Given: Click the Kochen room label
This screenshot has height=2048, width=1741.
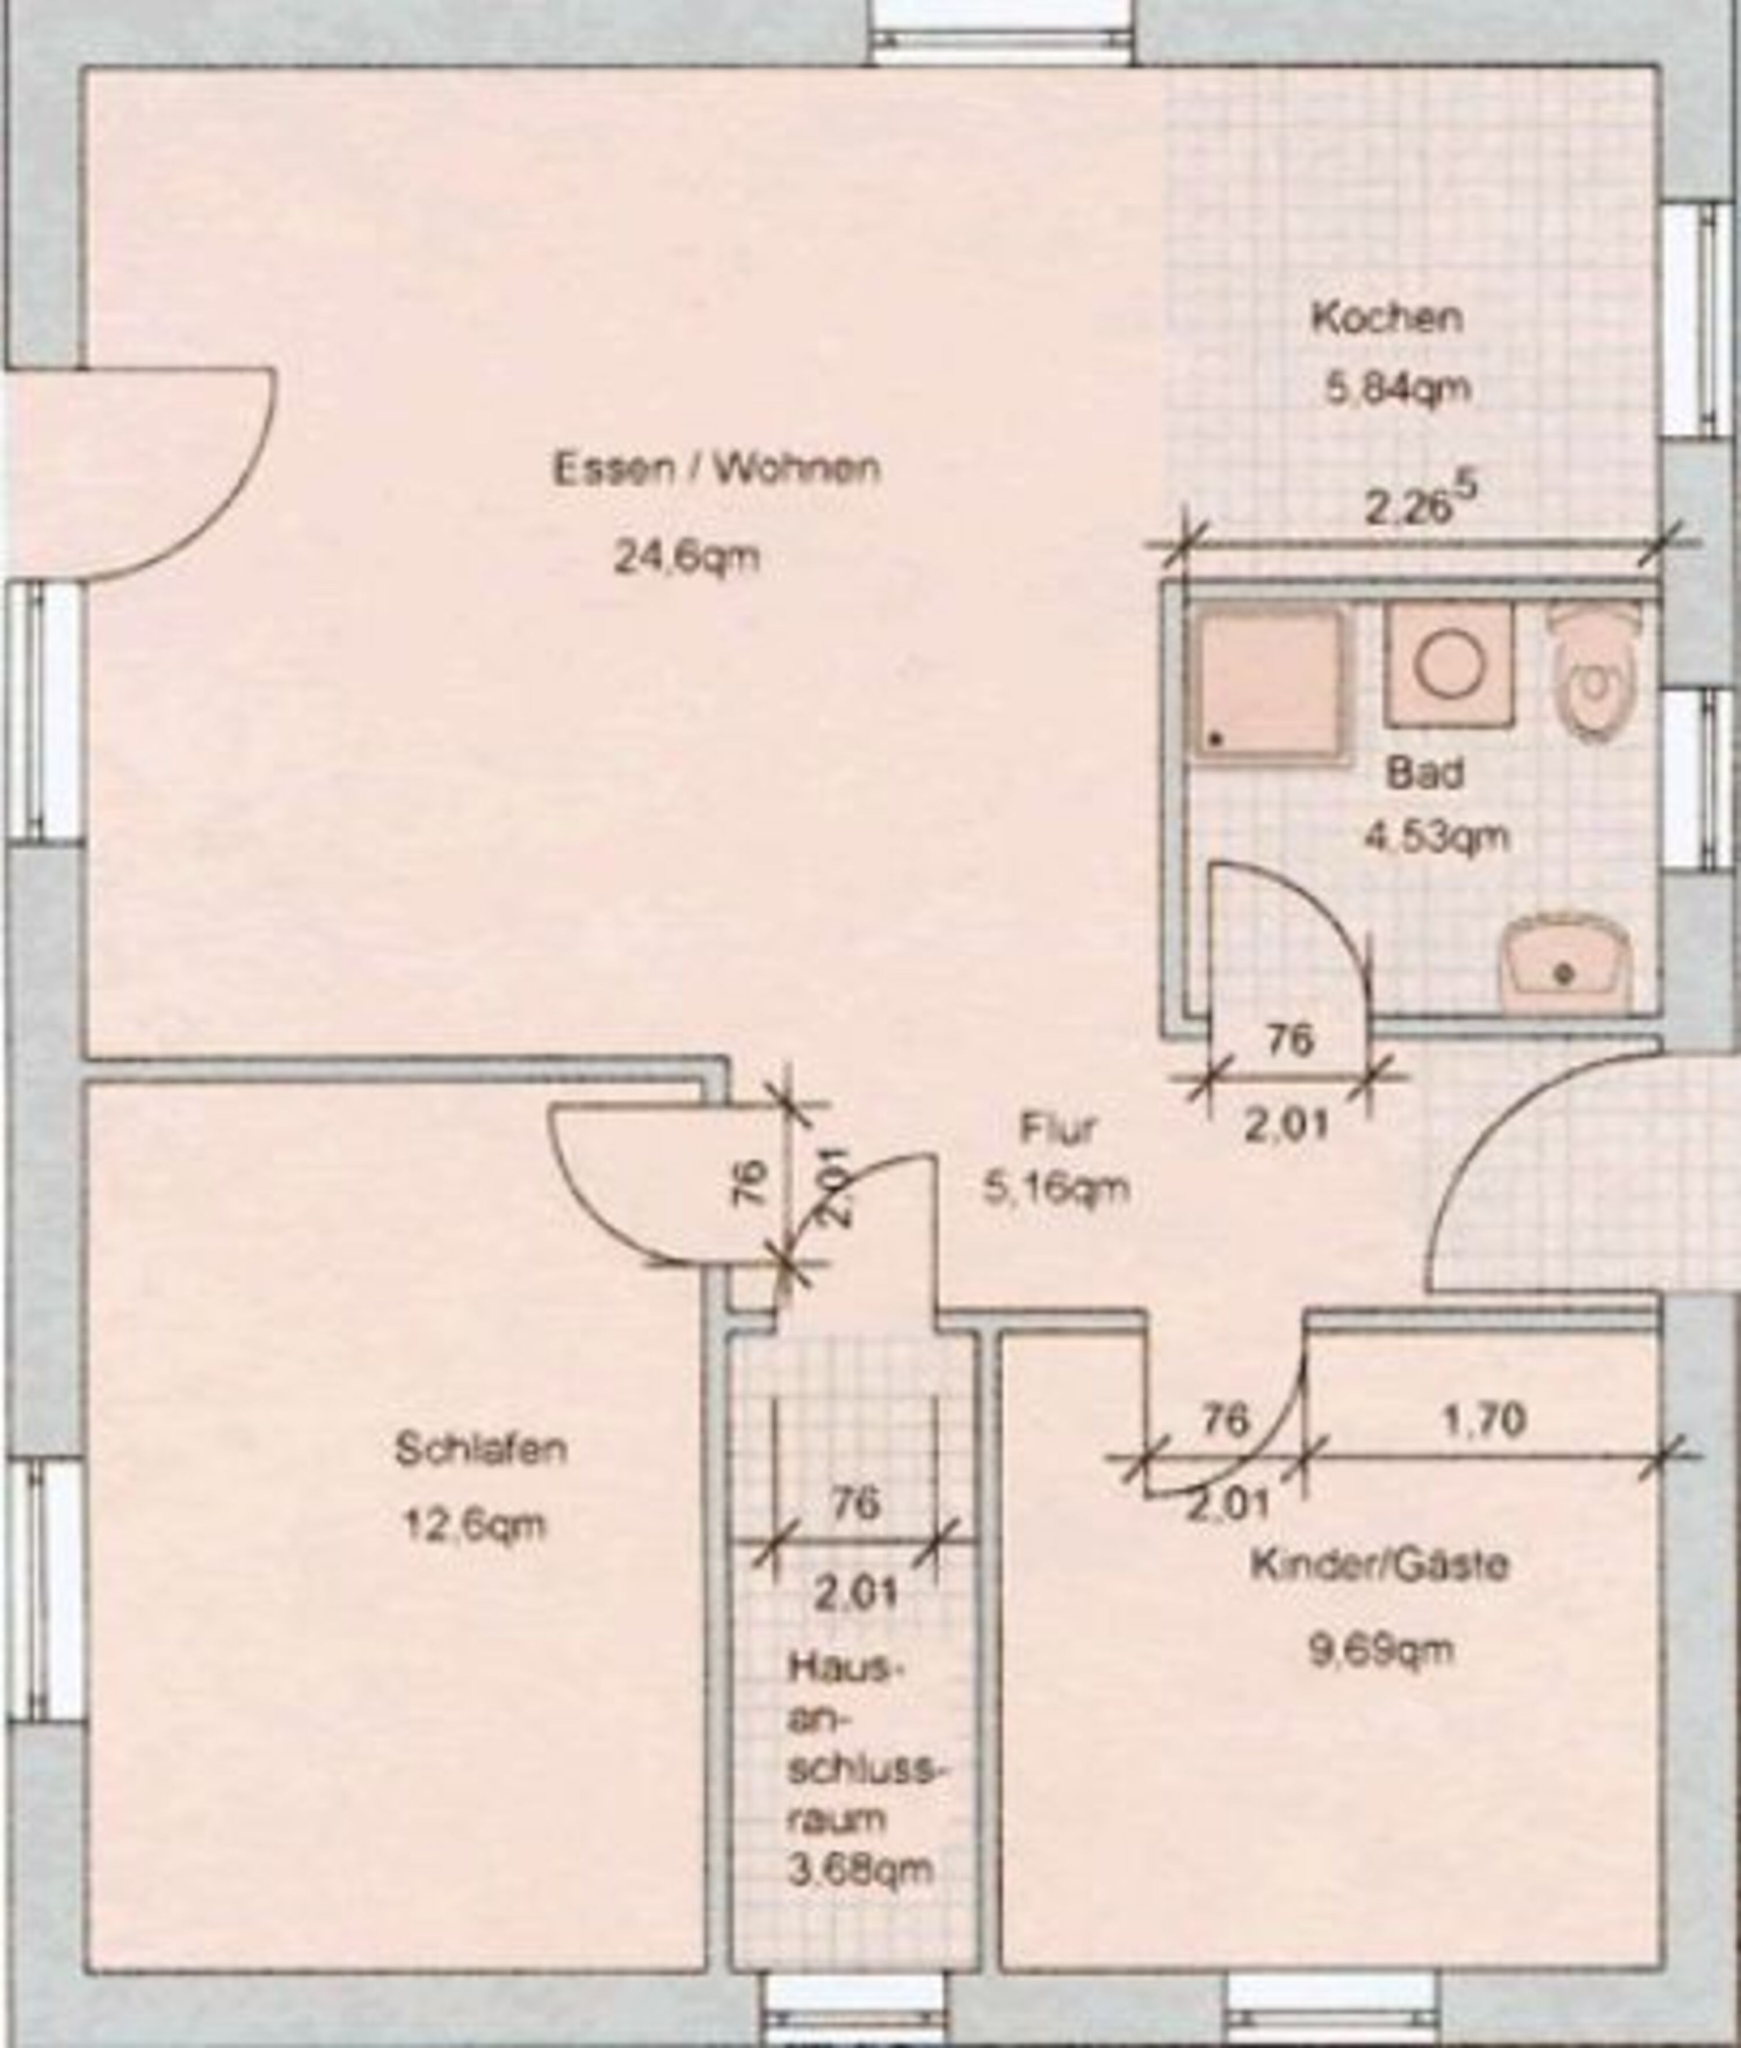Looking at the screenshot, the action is (x=1386, y=318).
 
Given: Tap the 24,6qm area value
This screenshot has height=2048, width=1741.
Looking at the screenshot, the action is (x=687, y=558).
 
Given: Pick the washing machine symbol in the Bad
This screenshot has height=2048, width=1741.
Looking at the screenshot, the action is (x=1449, y=664).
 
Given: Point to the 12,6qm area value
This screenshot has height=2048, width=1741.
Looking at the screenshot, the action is (x=474, y=1526).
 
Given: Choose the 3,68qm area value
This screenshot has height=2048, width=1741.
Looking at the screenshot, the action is (x=859, y=1868).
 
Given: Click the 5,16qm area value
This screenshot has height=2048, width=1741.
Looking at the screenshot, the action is (x=1056, y=1189).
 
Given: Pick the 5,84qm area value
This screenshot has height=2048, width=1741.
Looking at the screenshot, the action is (x=1396, y=387).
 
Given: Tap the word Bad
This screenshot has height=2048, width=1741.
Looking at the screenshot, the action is (x=1424, y=773).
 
